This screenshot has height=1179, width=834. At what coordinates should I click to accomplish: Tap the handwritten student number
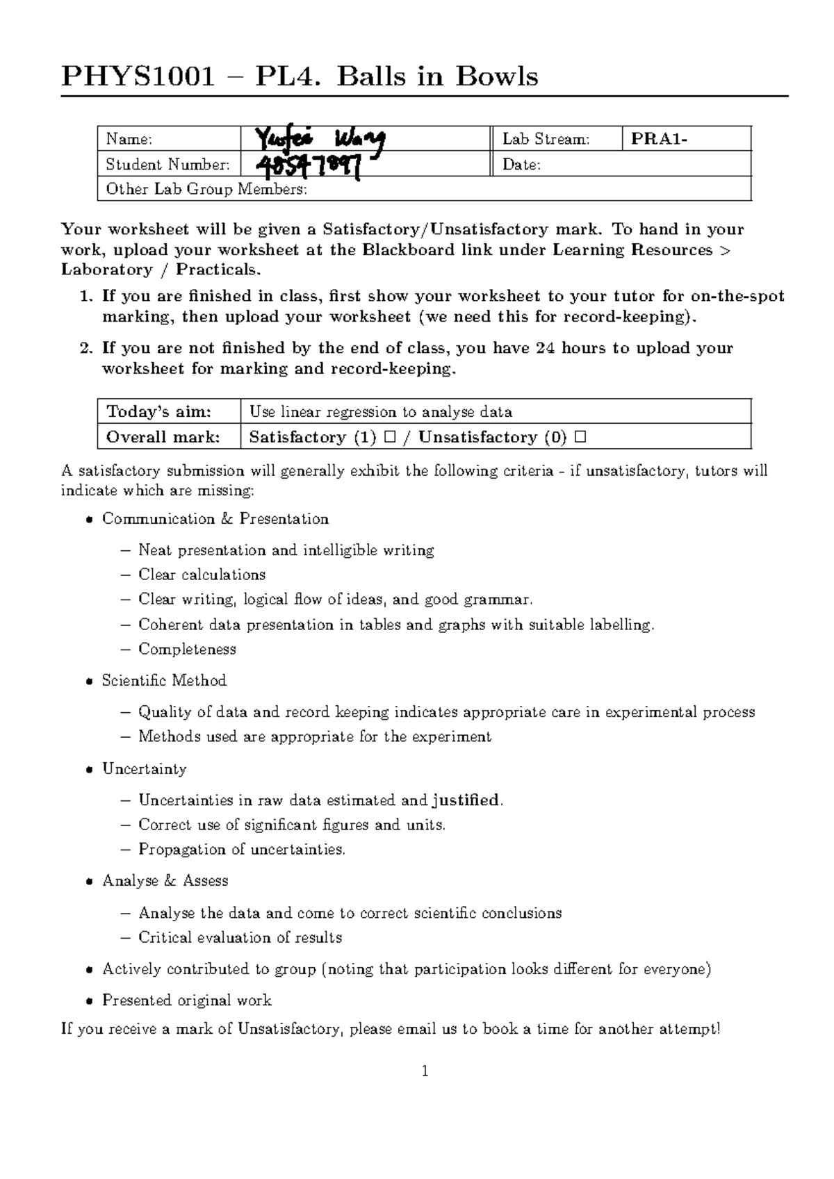pyautogui.click(x=310, y=166)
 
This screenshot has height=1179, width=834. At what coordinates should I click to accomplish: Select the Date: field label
pyautogui.click(x=521, y=165)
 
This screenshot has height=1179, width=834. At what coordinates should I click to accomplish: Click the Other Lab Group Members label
pyautogui.click(x=206, y=190)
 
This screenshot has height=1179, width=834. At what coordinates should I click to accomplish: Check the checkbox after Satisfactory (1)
pyautogui.click(x=389, y=438)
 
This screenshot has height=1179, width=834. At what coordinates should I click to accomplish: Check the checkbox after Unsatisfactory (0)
pyautogui.click(x=580, y=438)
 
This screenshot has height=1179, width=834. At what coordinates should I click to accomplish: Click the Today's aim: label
pyautogui.click(x=159, y=412)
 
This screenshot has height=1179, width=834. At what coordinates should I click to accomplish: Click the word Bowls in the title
pyautogui.click(x=497, y=76)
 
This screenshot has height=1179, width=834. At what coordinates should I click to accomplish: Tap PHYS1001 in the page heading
pyautogui.click(x=138, y=76)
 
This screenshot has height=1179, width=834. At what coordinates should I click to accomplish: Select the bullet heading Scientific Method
pyautogui.click(x=164, y=681)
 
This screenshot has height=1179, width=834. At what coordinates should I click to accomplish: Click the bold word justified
pyautogui.click(x=465, y=800)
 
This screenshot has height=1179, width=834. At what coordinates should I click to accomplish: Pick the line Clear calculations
pyautogui.click(x=202, y=575)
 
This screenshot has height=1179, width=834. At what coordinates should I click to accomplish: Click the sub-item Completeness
pyautogui.click(x=187, y=650)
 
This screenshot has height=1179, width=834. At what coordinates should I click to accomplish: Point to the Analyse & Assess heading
pyautogui.click(x=165, y=881)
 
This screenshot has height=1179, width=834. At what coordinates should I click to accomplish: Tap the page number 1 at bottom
pyautogui.click(x=425, y=1071)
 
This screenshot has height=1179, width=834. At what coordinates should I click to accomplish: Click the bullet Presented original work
pyautogui.click(x=186, y=1000)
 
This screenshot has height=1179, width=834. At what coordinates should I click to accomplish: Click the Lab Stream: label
pyautogui.click(x=546, y=139)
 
